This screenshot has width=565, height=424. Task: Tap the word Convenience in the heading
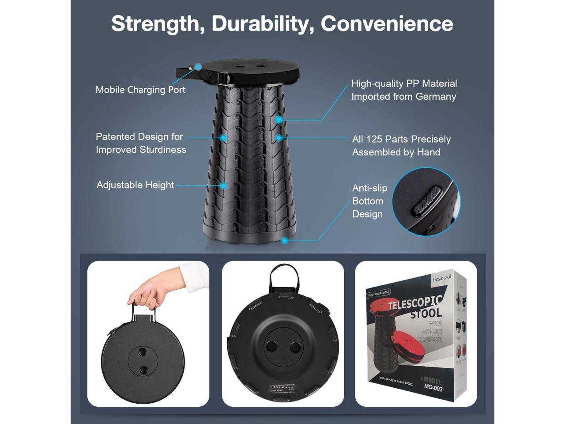pos(387,23)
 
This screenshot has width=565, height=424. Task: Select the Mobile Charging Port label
pos(140,90)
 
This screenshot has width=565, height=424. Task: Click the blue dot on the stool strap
pos(198,67)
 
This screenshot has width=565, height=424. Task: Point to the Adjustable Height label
pos(135,185)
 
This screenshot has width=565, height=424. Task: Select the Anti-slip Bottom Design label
pos(369,201)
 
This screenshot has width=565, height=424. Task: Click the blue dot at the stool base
pos(285,241)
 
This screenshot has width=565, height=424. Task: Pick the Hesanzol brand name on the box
pos(442,278)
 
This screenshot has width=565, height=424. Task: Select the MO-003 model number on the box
pos(433,388)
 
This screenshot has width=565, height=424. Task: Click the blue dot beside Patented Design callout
pos(224,138)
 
